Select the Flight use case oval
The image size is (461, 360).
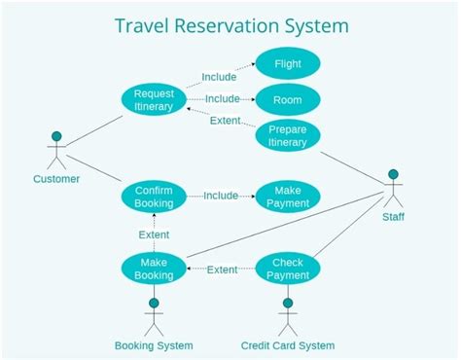click(x=287, y=64)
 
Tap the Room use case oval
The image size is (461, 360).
click(x=287, y=98)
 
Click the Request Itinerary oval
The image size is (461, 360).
click(x=154, y=99)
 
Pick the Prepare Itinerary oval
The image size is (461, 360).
click(x=287, y=135)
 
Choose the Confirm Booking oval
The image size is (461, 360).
click(x=154, y=196)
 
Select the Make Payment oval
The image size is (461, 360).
click(x=287, y=196)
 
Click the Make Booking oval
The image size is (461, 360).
click(x=154, y=269)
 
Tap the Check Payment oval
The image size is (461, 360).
click(x=287, y=269)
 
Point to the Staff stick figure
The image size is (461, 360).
click(x=393, y=190)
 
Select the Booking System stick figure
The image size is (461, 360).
click(x=154, y=315)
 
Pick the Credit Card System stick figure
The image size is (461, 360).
click(x=287, y=315)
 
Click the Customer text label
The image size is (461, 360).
click(x=56, y=178)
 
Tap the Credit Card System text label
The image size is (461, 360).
click(x=287, y=345)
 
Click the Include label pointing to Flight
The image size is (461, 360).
click(x=219, y=77)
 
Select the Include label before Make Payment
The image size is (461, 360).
click(x=221, y=196)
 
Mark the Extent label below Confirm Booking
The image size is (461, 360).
click(x=154, y=234)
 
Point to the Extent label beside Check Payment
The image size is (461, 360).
click(x=222, y=270)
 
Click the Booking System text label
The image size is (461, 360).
click(x=154, y=345)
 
